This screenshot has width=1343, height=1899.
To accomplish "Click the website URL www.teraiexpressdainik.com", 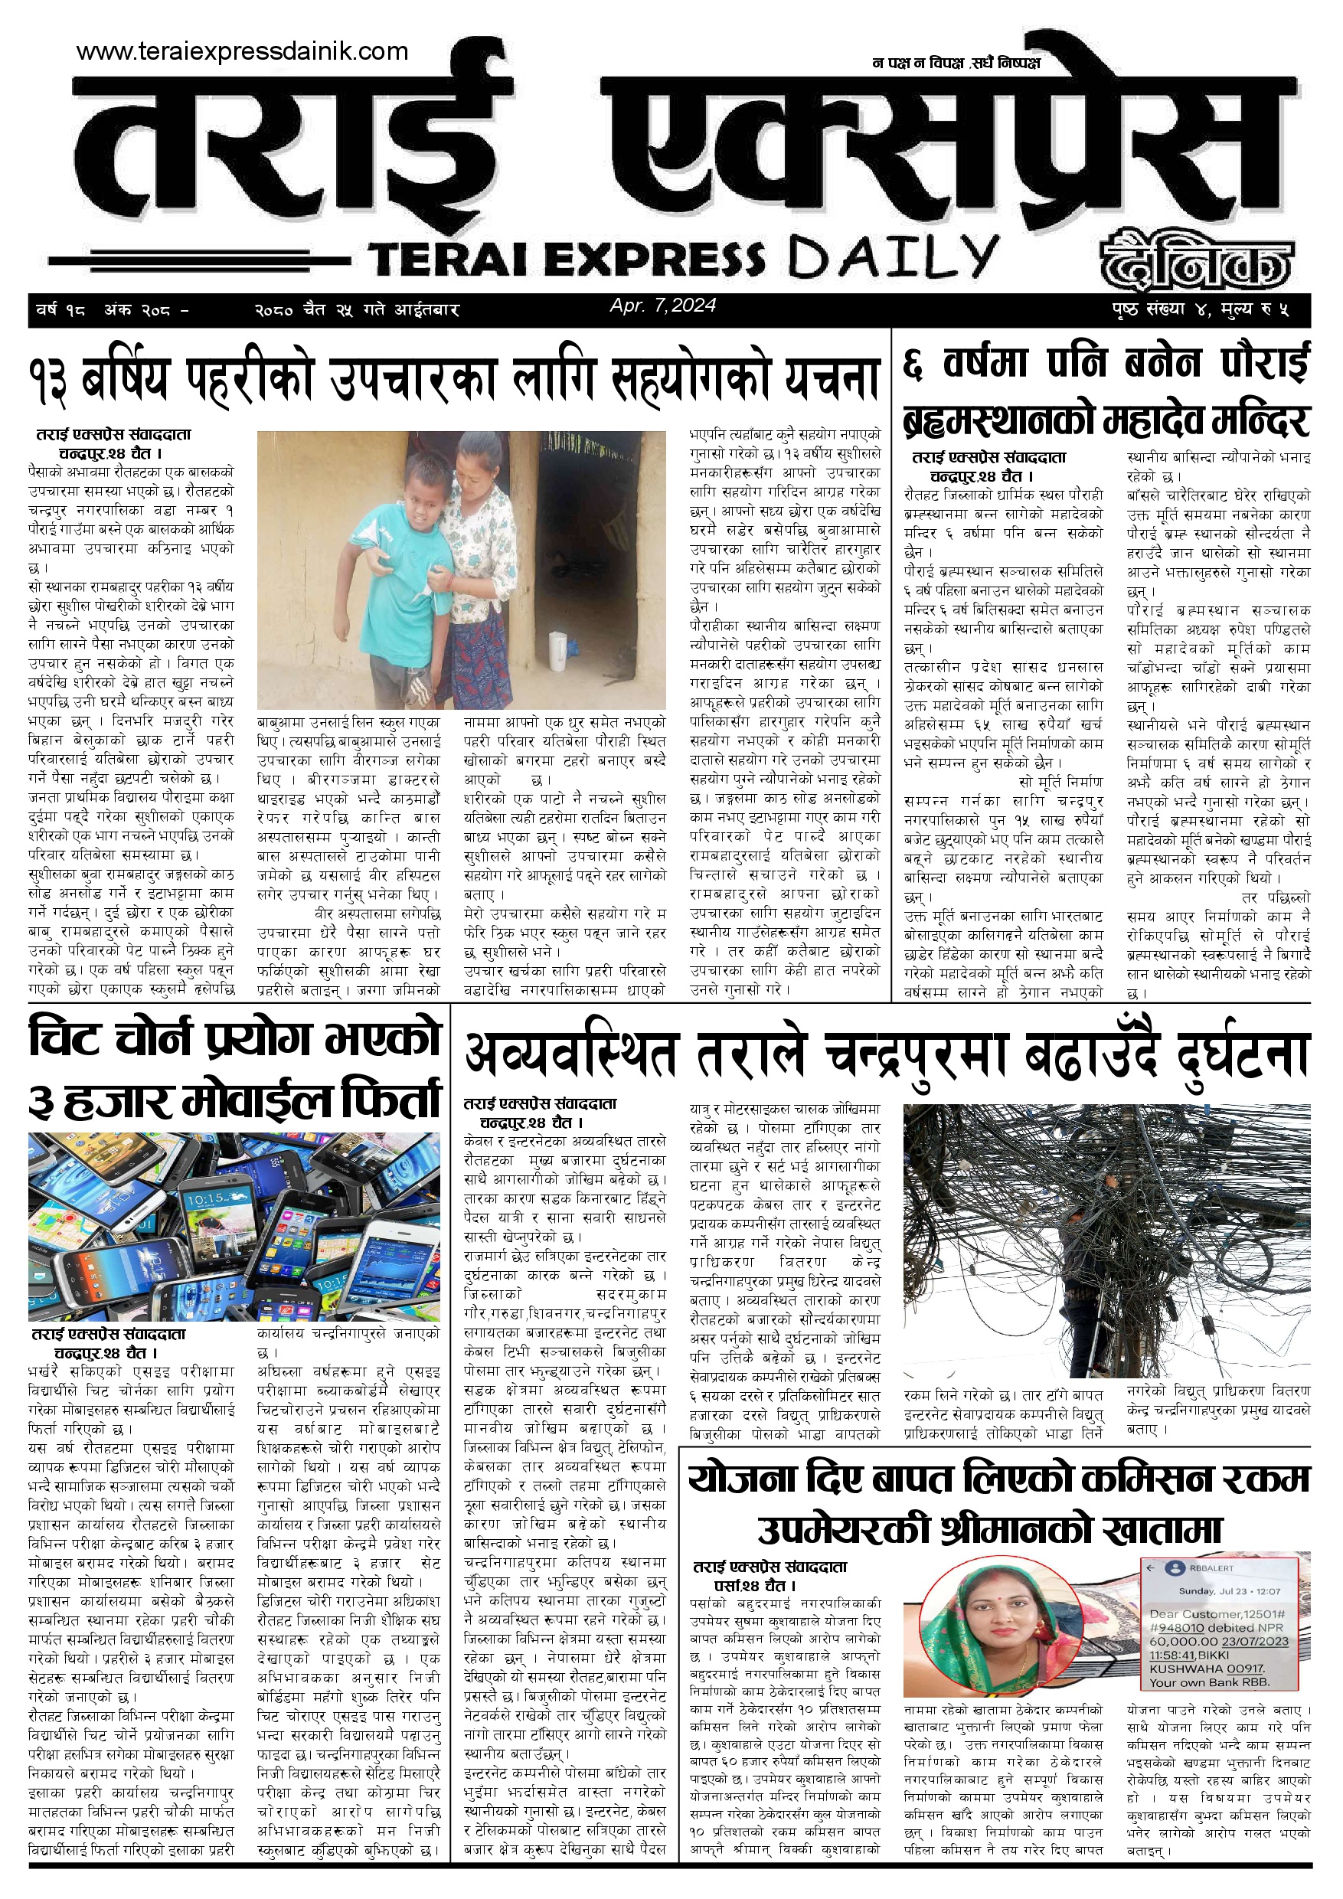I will [x=242, y=51].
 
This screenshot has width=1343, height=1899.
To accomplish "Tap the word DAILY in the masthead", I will [x=893, y=257].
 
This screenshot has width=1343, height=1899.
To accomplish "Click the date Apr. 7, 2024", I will [x=662, y=306].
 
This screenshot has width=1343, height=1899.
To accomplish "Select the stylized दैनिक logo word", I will [x=1196, y=259].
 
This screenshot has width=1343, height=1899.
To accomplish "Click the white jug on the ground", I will [x=558, y=651].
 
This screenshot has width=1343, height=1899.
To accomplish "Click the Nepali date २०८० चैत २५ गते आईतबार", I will [x=357, y=310].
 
